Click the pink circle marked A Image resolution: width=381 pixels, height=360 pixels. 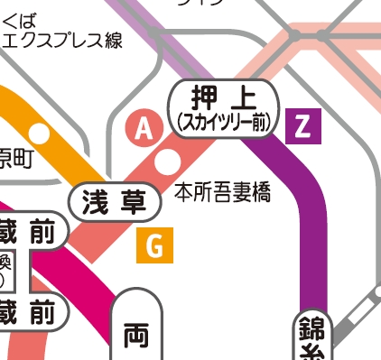[x=143, y=129]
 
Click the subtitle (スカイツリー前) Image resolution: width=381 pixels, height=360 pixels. [x=225, y=122]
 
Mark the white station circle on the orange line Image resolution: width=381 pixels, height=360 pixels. [x=41, y=132]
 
